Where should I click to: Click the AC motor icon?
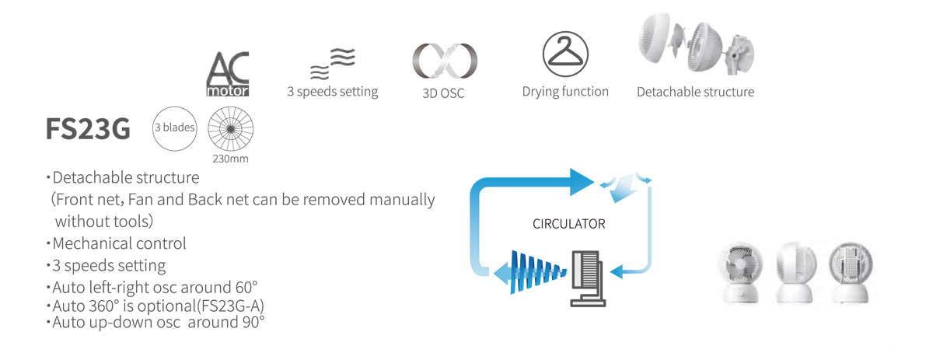[x=228, y=74]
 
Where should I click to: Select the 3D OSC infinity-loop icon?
[x=444, y=61]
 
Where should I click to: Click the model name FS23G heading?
[x=87, y=131]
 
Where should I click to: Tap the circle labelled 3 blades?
[x=176, y=127]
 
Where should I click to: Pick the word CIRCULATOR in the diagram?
[x=568, y=224]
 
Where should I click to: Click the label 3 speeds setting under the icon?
[x=333, y=92]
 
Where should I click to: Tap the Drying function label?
[x=565, y=92]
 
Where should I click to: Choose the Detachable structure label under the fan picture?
[x=695, y=92]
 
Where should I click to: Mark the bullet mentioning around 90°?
[x=155, y=320]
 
